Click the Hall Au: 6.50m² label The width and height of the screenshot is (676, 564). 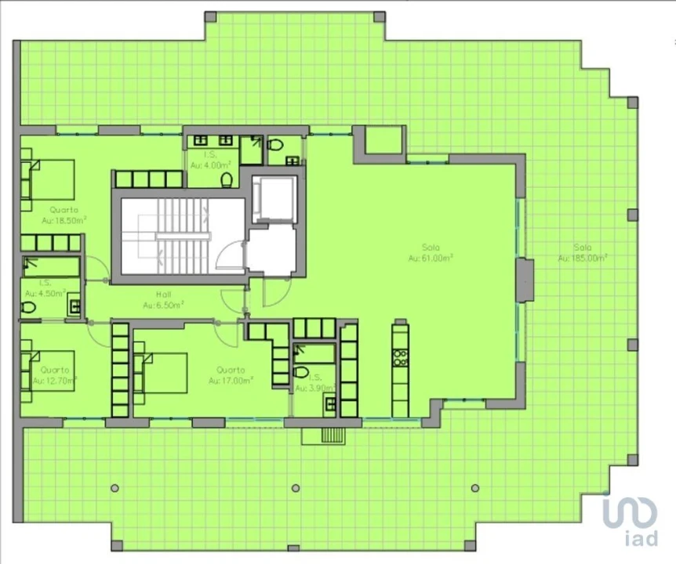164,299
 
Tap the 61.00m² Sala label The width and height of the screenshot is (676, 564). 431,252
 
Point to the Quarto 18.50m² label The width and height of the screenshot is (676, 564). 64,215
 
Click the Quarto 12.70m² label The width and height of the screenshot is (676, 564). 54,375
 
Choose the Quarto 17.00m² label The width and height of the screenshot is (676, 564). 231,375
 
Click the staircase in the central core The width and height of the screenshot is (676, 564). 180,235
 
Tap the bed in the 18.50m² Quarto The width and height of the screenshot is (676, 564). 49,181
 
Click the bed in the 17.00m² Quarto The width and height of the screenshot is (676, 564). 162,373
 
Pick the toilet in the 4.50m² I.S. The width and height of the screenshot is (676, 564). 28,308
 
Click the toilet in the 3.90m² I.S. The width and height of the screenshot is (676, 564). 301,371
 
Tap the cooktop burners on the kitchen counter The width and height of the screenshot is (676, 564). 400,358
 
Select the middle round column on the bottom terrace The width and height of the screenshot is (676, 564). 296,488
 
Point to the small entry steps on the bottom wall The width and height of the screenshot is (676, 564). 333,436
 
